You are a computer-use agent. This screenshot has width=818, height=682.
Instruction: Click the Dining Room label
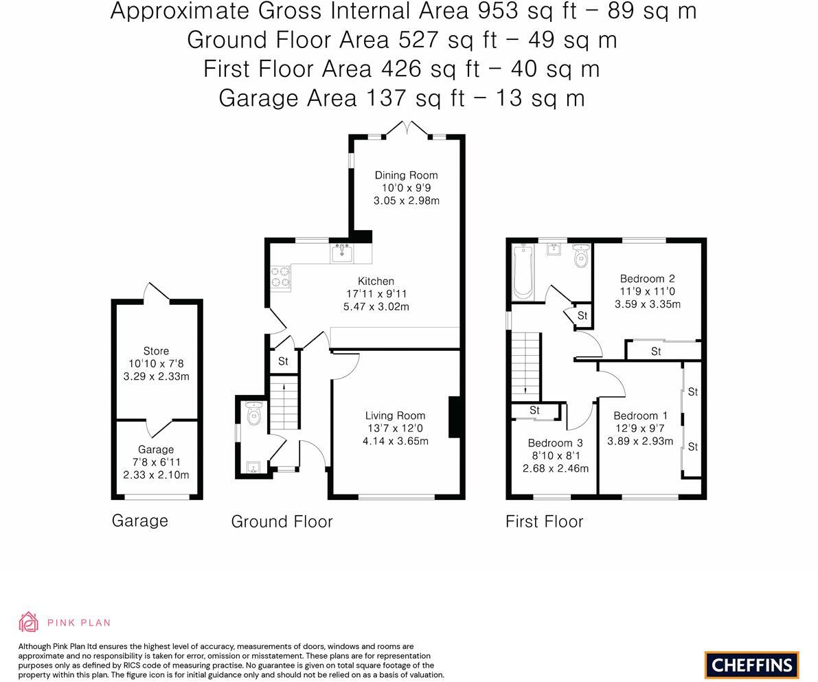pyautogui.click(x=406, y=175)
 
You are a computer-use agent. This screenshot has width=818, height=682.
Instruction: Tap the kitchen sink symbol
pyautogui.click(x=342, y=253)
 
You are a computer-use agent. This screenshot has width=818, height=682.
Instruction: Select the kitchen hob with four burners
pyautogui.click(x=281, y=277)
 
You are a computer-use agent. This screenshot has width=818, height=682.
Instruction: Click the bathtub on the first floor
pyautogui.click(x=523, y=272)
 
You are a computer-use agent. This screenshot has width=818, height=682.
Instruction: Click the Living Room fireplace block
pyautogui.click(x=454, y=417)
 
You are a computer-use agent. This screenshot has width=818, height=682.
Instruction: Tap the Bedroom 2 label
pyautogui.click(x=647, y=278)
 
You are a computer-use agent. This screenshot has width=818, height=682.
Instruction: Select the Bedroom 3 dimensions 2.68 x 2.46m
pyautogui.click(x=555, y=468)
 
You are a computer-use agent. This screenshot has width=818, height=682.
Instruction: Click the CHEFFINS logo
pyautogui.click(x=751, y=665)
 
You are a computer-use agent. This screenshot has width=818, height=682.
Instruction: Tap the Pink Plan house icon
pyautogui.click(x=29, y=622)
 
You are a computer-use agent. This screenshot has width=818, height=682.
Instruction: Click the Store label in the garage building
pyautogui.click(x=156, y=351)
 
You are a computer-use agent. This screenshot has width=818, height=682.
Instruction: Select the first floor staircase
pyautogui.click(x=525, y=364)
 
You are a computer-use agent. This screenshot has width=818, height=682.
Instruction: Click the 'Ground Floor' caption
pyautogui.click(x=282, y=521)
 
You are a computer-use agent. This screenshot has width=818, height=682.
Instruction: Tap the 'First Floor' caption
pyautogui.click(x=544, y=521)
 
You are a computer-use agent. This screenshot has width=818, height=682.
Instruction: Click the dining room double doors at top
pyautogui.click(x=407, y=129)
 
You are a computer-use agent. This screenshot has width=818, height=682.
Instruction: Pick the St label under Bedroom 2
pyautogui.click(x=655, y=351)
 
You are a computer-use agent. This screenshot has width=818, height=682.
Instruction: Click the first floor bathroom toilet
pyautogui.click(x=581, y=258)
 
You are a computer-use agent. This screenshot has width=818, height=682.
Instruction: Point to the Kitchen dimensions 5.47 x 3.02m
pyautogui.click(x=376, y=306)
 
